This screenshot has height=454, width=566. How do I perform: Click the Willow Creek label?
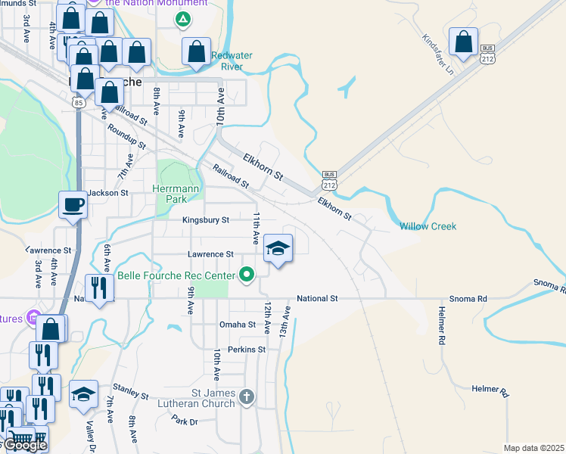428,226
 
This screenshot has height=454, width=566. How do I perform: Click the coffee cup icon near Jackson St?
73,204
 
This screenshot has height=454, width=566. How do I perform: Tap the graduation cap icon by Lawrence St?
278,247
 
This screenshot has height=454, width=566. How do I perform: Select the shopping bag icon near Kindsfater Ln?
463,42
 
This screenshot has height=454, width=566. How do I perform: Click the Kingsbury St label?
205,220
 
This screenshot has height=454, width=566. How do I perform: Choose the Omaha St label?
238,325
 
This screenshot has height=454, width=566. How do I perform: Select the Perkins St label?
247,350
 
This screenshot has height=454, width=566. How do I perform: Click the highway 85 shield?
78,101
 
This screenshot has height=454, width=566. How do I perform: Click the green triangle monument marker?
182,19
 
